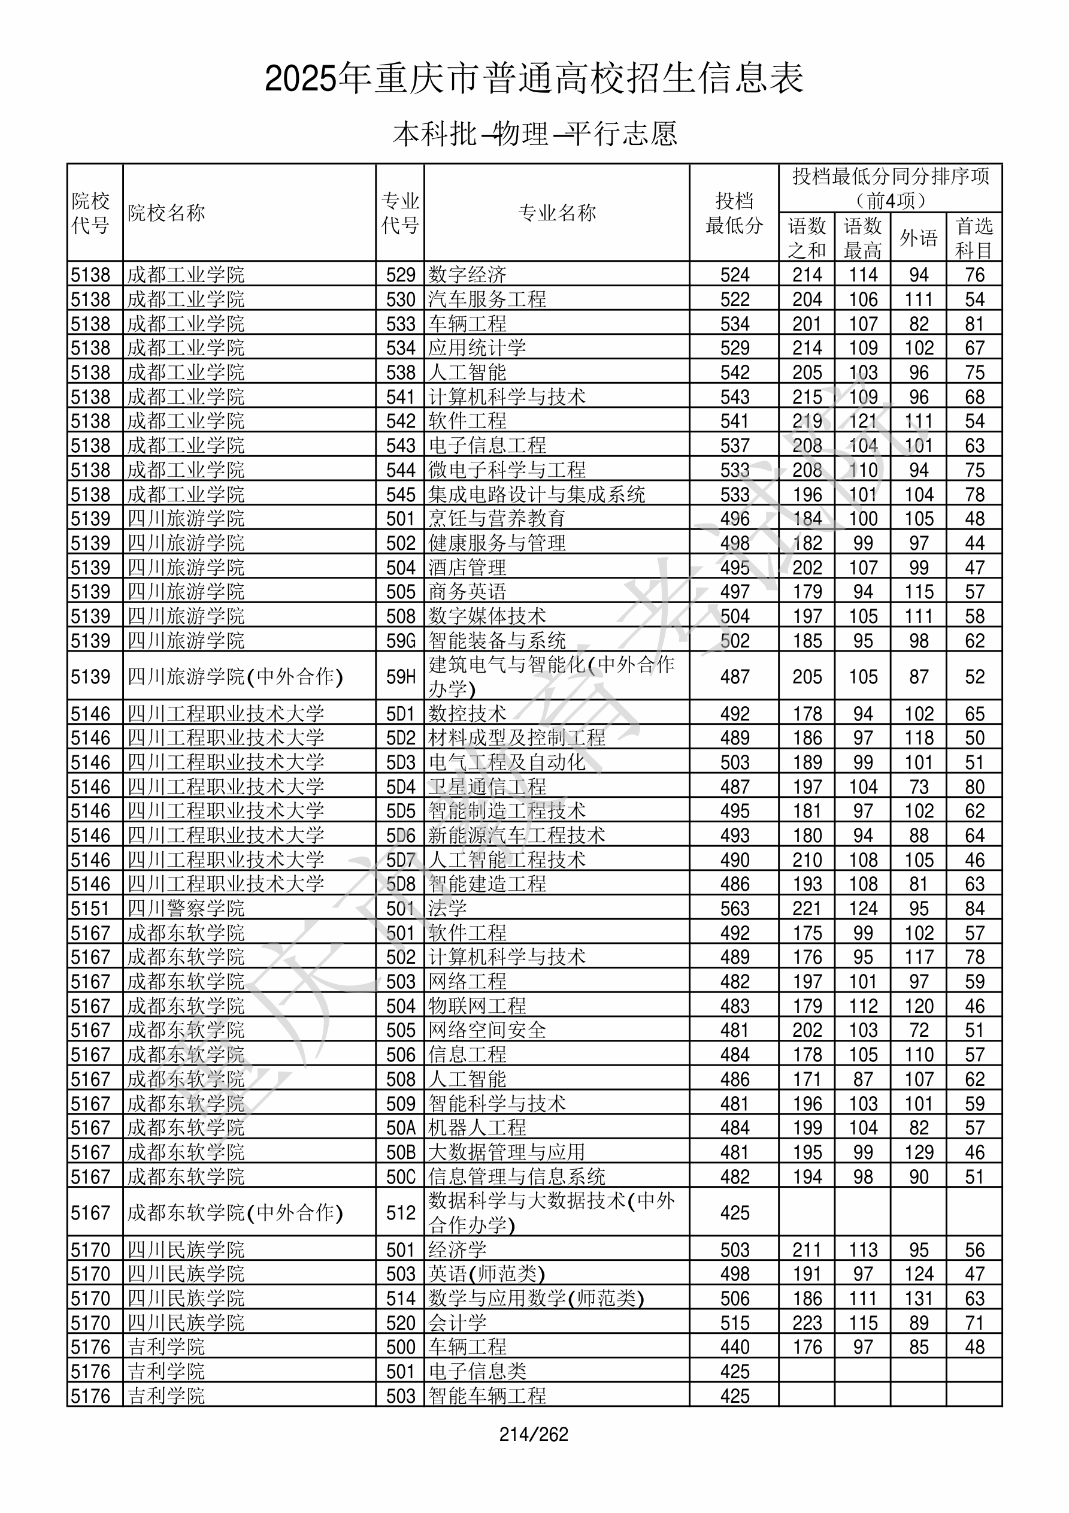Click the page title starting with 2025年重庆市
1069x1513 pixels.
(534, 79)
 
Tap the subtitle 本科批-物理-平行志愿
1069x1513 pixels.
(534, 134)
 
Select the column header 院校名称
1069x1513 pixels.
(166, 213)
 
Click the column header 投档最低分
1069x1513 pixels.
(734, 213)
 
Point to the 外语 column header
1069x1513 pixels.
(918, 238)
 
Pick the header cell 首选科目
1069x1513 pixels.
(974, 238)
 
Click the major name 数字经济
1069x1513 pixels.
(467, 275)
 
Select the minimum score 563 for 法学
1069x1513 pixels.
(735, 909)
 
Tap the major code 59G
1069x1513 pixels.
(401, 640)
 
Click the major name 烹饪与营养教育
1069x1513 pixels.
(497, 519)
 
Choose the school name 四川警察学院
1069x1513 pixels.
(186, 909)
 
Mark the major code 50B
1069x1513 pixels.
(401, 1152)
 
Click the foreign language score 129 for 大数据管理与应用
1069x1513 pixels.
(919, 1152)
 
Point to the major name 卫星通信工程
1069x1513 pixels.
(487, 787)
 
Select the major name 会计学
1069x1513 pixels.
(458, 1323)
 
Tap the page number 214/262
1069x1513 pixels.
(534, 1435)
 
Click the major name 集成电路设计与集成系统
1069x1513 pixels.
(537, 494)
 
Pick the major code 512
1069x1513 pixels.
(401, 1213)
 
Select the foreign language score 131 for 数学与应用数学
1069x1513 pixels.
(919, 1299)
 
